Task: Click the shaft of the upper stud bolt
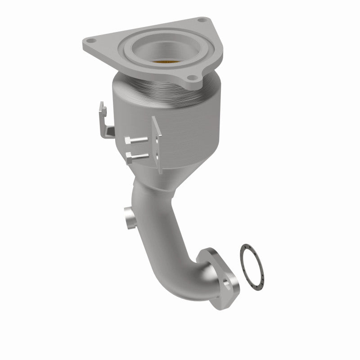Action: tap(142, 142)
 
